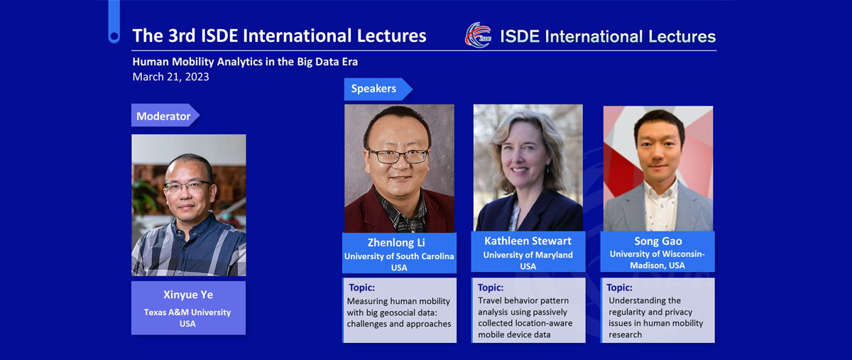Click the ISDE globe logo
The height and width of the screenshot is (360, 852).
click(478, 35)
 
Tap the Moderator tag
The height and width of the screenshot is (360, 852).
click(165, 115)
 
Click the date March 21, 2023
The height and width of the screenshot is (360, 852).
click(171, 77)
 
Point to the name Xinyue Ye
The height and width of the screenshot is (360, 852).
click(188, 295)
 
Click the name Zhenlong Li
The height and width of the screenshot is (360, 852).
click(396, 242)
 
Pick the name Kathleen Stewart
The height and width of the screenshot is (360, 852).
click(528, 241)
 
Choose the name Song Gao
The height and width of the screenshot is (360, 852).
click(658, 241)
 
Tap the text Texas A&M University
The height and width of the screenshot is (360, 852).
click(187, 312)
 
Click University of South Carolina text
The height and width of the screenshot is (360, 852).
click(399, 256)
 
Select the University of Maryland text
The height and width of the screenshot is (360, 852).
click(528, 255)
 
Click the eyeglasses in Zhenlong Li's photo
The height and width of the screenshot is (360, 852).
click(398, 156)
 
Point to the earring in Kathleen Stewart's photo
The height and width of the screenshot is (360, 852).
click(548, 169)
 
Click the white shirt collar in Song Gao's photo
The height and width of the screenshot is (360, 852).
click(661, 192)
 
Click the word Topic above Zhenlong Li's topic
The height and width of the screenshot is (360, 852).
click(361, 288)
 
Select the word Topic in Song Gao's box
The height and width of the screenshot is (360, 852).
click(619, 288)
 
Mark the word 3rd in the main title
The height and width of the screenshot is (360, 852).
click(182, 36)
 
